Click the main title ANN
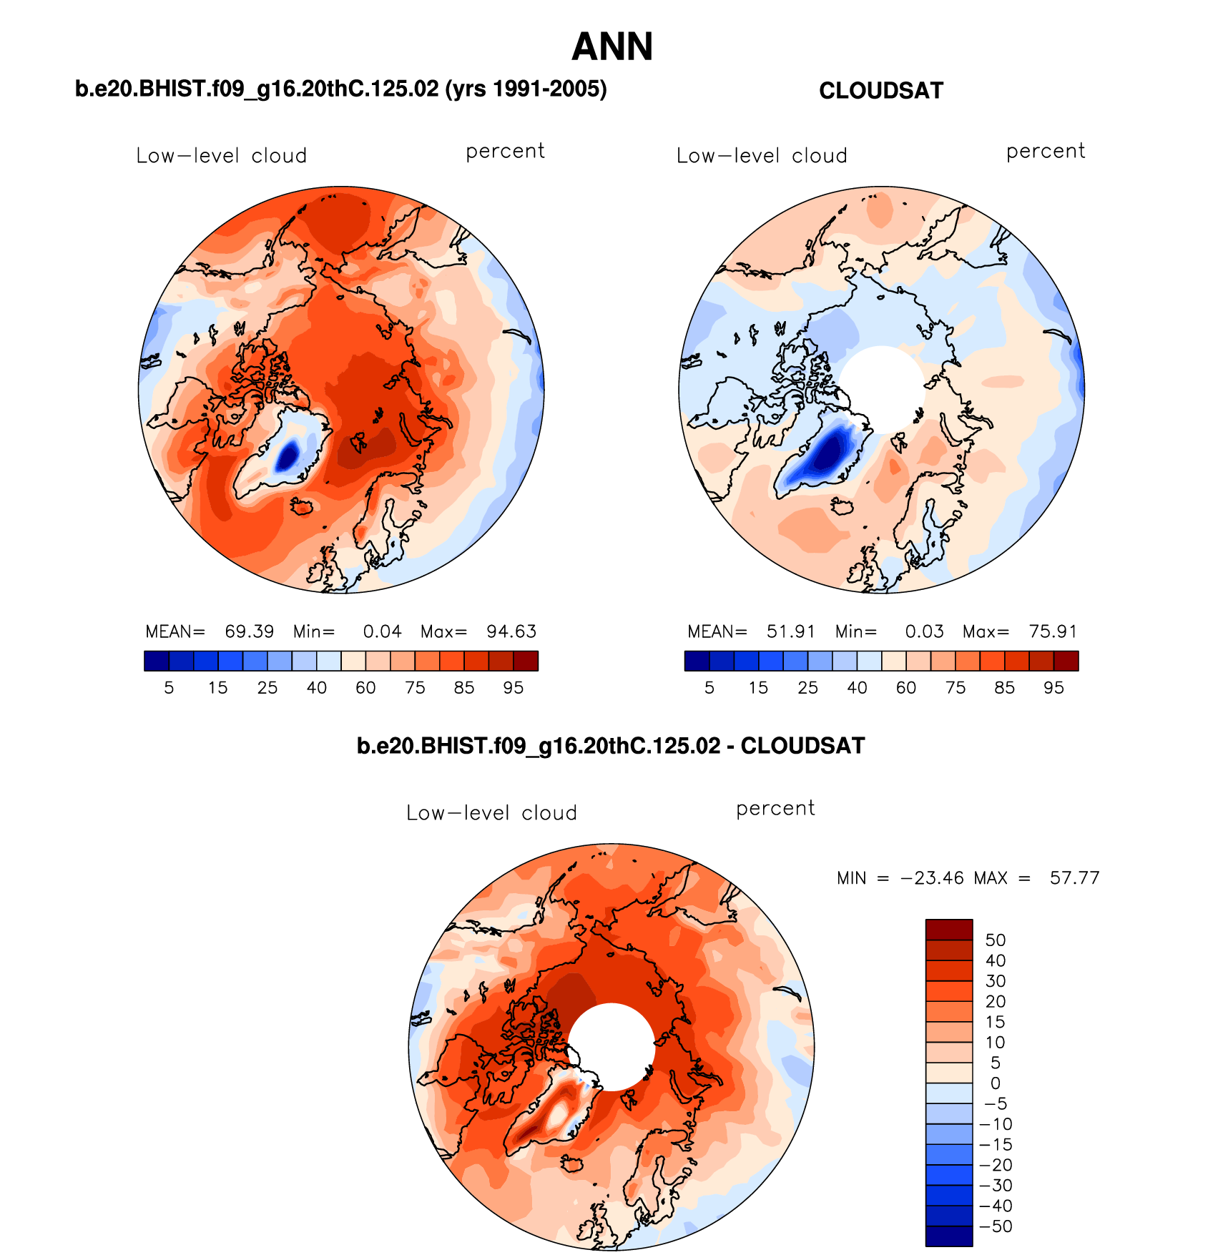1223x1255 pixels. [612, 47]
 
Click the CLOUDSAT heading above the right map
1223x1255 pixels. [880, 91]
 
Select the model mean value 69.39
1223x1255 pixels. [249, 631]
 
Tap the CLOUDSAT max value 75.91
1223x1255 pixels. [1052, 631]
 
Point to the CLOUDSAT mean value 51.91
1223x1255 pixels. [790, 631]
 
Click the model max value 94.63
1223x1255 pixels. [511, 631]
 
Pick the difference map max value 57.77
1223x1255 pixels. [1074, 878]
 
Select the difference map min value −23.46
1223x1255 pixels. [933, 878]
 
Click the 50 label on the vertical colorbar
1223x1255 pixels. [995, 940]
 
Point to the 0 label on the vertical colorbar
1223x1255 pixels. [995, 1083]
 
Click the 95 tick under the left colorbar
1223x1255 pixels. [513, 688]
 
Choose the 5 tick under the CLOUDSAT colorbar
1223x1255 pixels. [709, 688]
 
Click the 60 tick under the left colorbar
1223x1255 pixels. [365, 688]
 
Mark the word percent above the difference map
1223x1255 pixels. [775, 808]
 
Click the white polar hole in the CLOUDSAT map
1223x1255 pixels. [882, 388]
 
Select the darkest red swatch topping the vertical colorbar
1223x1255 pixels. [948, 930]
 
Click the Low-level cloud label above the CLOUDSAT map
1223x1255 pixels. [762, 156]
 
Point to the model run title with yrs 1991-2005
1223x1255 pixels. [340, 89]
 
